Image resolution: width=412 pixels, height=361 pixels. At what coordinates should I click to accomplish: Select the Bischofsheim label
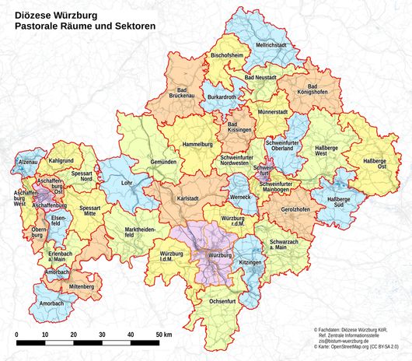(x=226, y=57)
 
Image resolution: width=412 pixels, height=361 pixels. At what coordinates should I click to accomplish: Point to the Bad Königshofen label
(x=312, y=89)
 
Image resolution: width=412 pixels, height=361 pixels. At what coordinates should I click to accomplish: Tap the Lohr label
(x=128, y=183)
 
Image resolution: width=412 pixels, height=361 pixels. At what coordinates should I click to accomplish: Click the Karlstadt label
(x=190, y=199)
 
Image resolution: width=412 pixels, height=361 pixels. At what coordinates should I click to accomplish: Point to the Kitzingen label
(x=250, y=263)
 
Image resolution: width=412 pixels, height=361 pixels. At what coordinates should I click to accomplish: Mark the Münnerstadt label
(x=272, y=112)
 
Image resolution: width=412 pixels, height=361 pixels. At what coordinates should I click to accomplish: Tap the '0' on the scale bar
(x=17, y=334)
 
